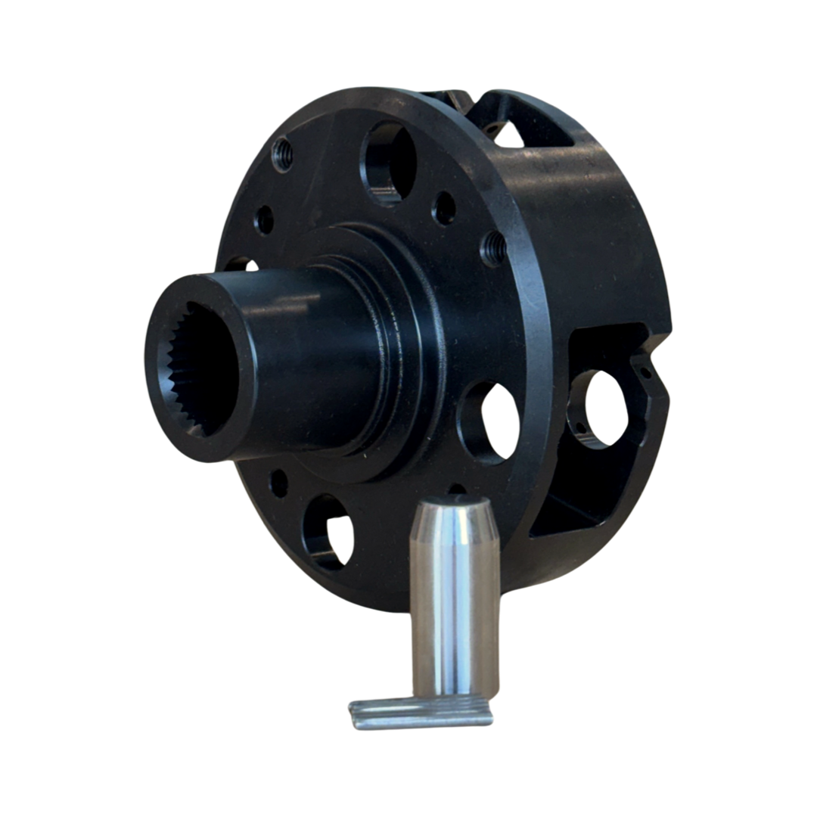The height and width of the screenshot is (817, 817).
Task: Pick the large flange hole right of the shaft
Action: click(x=488, y=421)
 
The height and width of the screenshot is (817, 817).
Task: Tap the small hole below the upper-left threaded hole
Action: click(x=265, y=220)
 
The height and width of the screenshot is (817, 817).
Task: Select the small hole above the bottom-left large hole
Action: click(x=279, y=482)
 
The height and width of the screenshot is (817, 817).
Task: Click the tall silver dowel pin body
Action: click(x=454, y=605)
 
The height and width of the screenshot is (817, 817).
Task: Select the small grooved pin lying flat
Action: click(x=420, y=715)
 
